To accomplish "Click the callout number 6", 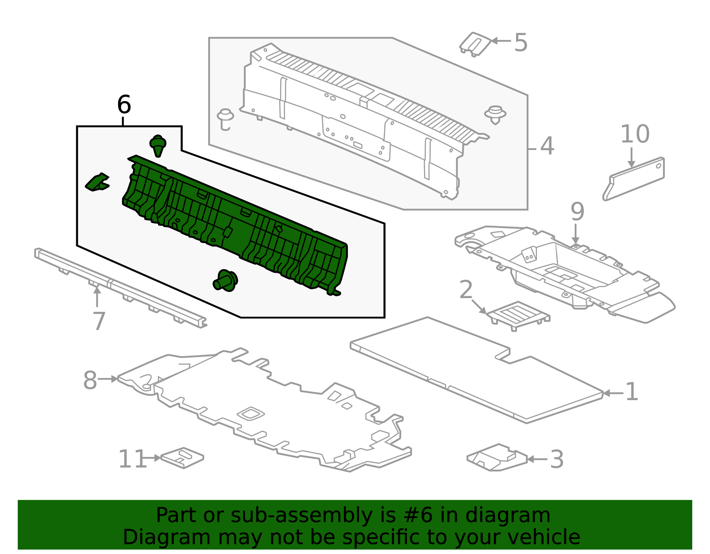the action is pyautogui.click(x=124, y=105).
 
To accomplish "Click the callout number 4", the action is pyautogui.click(x=547, y=146).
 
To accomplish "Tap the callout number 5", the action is pyautogui.click(x=521, y=43).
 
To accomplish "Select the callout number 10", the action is pyautogui.click(x=635, y=134).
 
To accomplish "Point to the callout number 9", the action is pyautogui.click(x=577, y=212).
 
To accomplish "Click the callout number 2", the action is pyautogui.click(x=466, y=289).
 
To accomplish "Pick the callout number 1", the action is pyautogui.click(x=631, y=391).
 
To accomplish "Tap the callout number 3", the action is pyautogui.click(x=557, y=459).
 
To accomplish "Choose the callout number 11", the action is pyautogui.click(x=132, y=459).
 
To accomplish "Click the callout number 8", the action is pyautogui.click(x=90, y=380).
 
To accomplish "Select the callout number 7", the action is pyautogui.click(x=99, y=321).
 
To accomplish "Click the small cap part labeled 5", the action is pyautogui.click(x=475, y=44).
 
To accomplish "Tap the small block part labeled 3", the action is pyautogui.click(x=497, y=457).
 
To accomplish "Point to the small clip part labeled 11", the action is pyautogui.click(x=182, y=458).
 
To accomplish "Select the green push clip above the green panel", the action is pyautogui.click(x=158, y=145).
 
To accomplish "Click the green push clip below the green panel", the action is pyautogui.click(x=225, y=280).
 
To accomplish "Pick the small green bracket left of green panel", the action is pyautogui.click(x=97, y=182).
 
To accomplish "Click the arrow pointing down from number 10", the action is pyautogui.click(x=631, y=157).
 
